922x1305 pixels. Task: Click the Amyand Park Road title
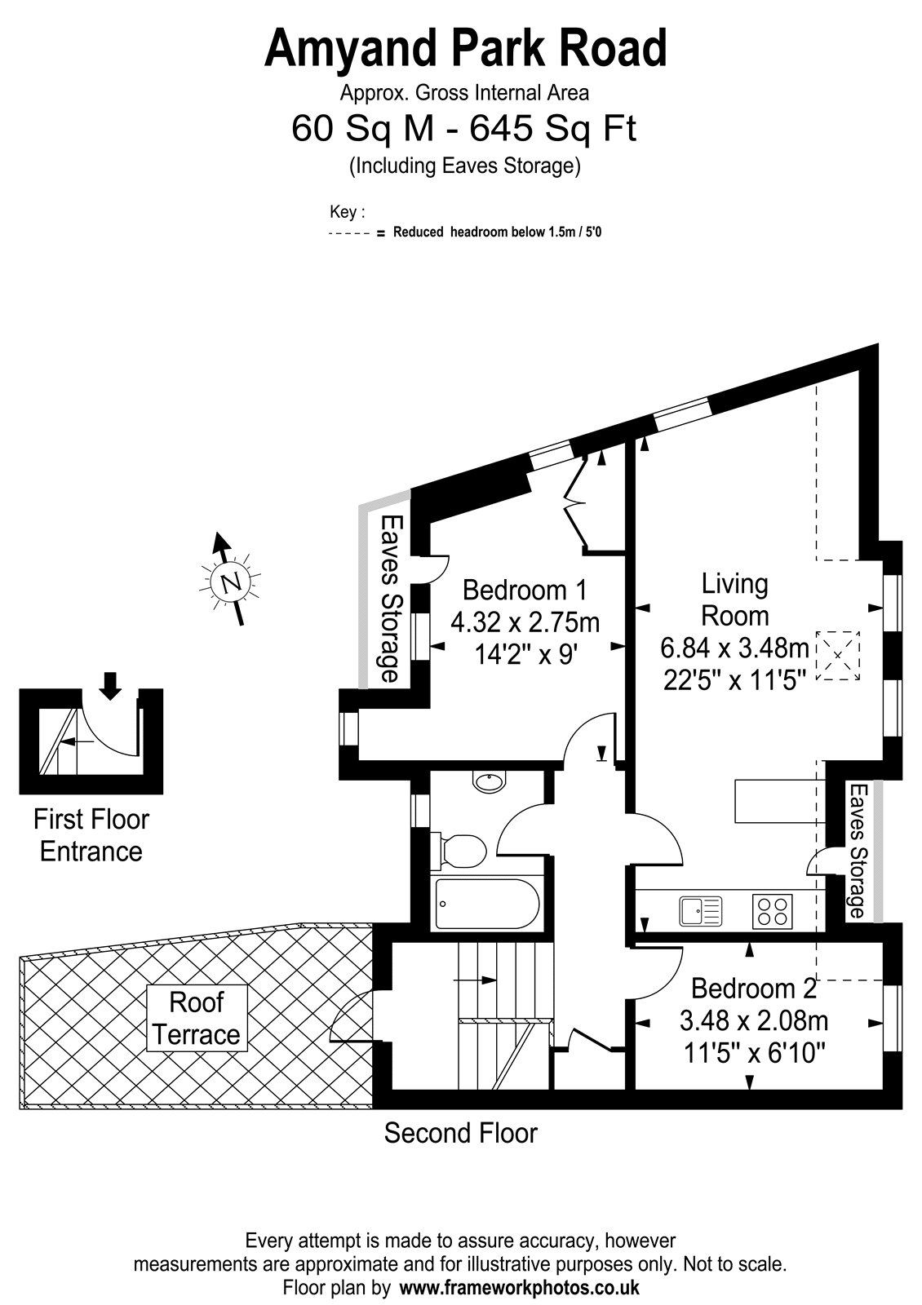(x=465, y=50)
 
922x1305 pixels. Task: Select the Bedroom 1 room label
(x=525, y=591)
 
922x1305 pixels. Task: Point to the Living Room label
(x=735, y=599)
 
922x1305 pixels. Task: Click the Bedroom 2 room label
(x=753, y=989)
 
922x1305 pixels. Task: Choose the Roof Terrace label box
(x=197, y=1019)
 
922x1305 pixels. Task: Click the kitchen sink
(x=701, y=911)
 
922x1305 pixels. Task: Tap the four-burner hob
(x=772, y=911)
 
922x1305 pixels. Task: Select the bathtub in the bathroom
(x=487, y=905)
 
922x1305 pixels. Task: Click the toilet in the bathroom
(x=458, y=852)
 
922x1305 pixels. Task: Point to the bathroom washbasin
(x=490, y=782)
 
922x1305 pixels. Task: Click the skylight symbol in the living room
(x=838, y=655)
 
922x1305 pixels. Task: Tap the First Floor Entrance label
(x=91, y=835)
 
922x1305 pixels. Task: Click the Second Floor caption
(x=460, y=1133)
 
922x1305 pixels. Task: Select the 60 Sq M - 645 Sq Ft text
(x=464, y=128)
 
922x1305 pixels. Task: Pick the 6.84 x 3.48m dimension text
(x=734, y=648)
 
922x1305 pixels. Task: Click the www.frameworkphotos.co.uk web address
(x=520, y=1287)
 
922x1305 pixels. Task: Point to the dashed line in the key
(x=350, y=233)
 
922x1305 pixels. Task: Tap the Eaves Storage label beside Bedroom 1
(x=389, y=599)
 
